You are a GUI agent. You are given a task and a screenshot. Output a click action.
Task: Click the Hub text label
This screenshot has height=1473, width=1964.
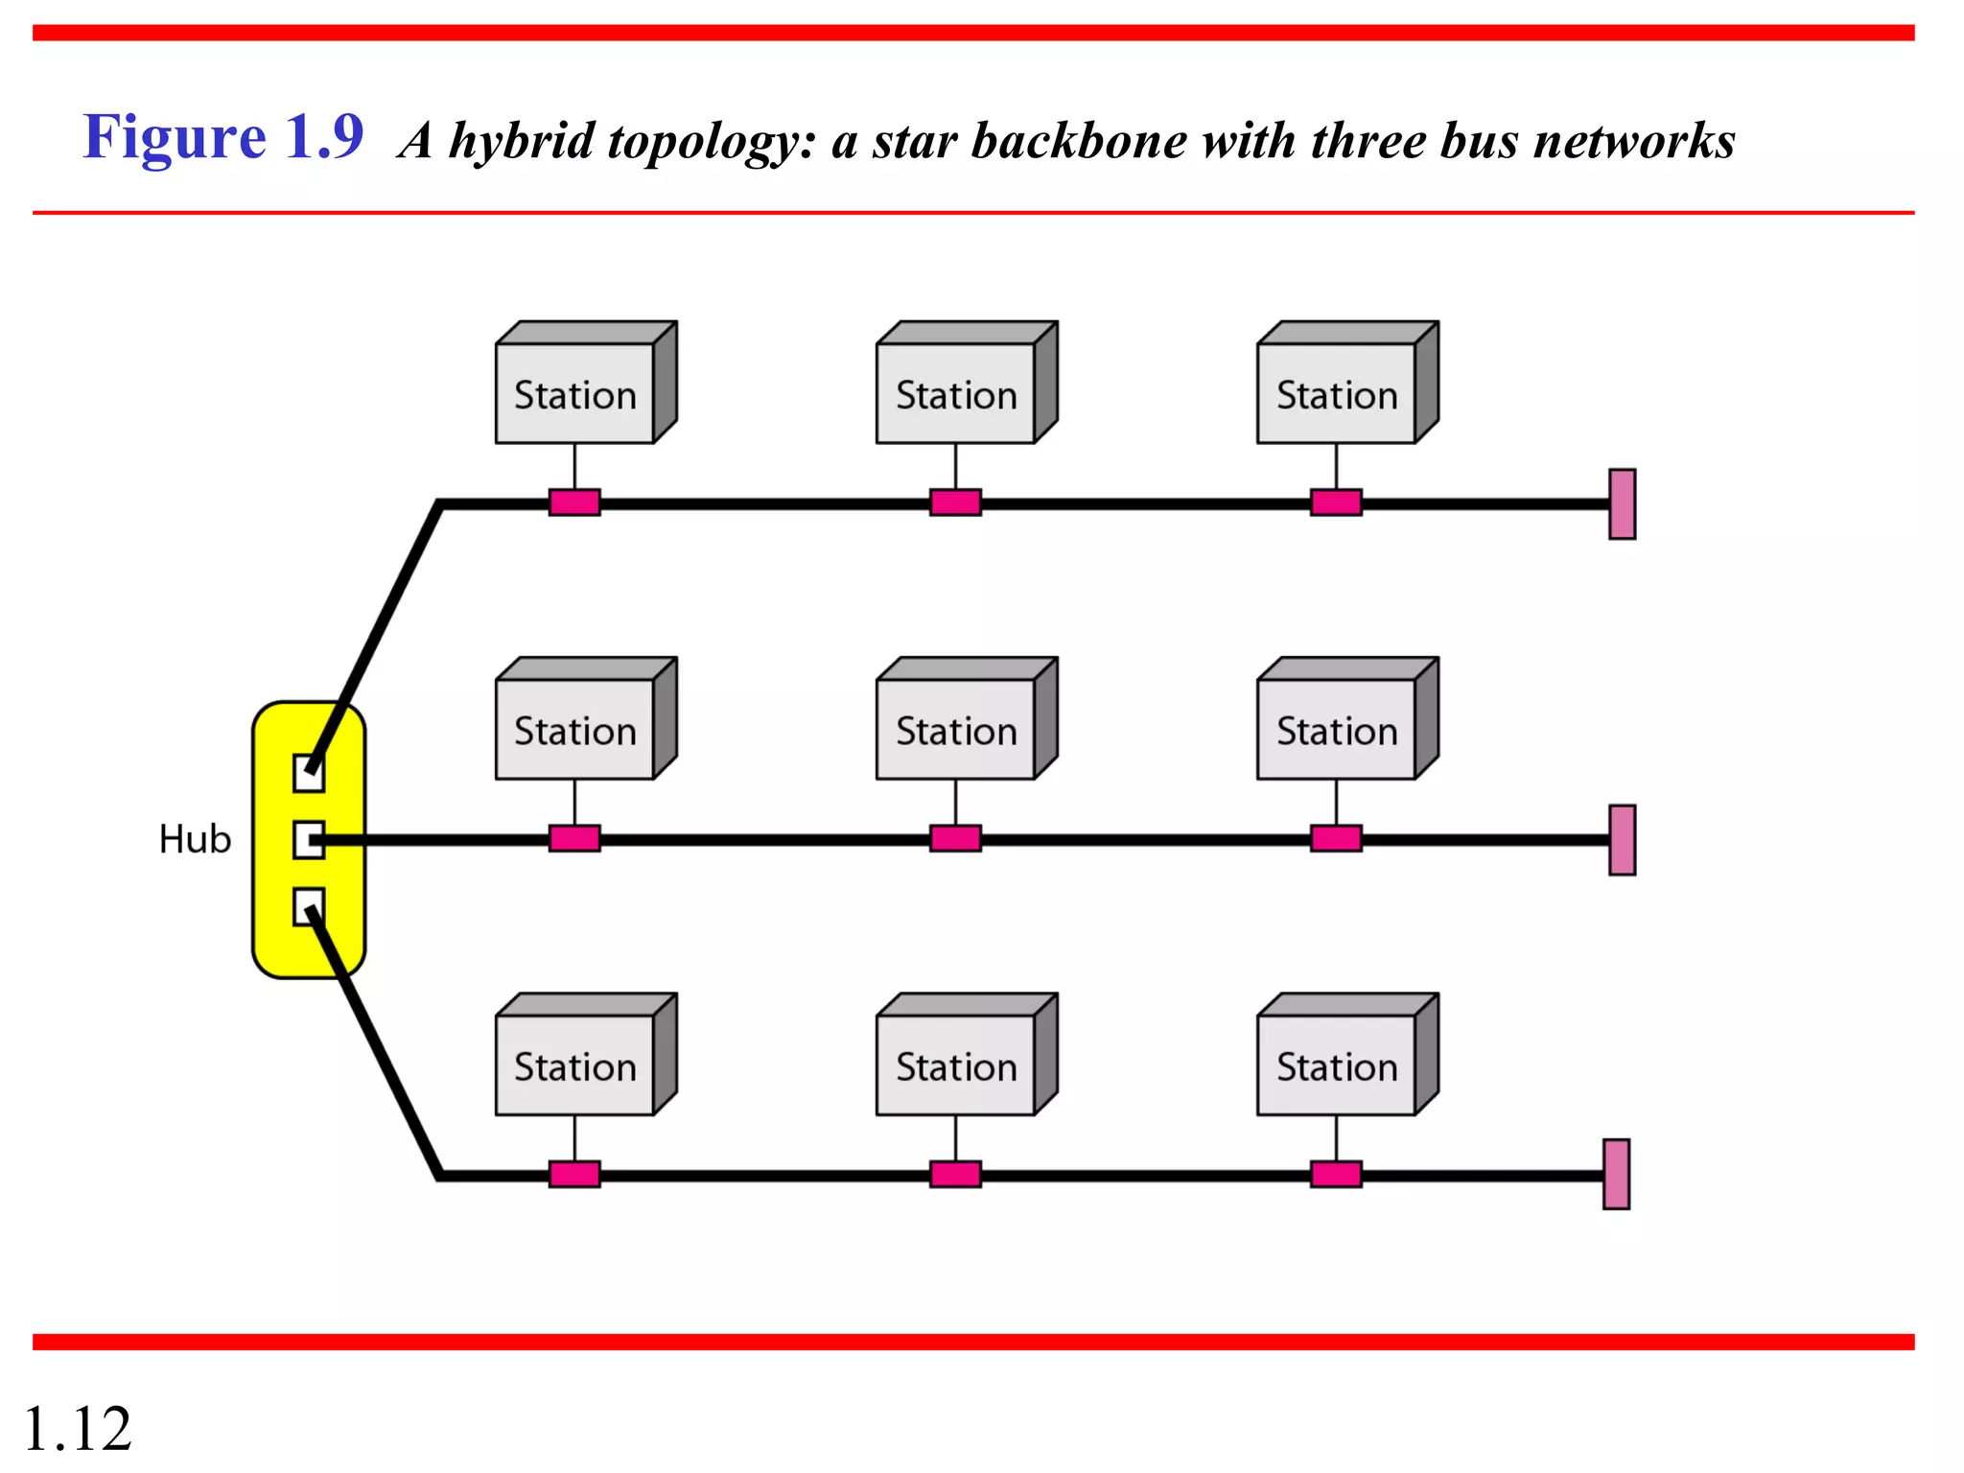tap(195, 839)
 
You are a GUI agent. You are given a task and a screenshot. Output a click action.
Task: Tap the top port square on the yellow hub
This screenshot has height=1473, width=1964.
tap(308, 773)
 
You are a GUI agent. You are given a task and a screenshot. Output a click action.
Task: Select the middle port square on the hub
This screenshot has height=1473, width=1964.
tap(308, 840)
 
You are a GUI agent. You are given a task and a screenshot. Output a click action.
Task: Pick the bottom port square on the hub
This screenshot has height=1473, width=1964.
tap(308, 907)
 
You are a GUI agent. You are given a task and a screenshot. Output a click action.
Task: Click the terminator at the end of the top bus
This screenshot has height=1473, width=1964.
tap(1622, 504)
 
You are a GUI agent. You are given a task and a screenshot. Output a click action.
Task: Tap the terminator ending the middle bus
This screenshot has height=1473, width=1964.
tap(1622, 840)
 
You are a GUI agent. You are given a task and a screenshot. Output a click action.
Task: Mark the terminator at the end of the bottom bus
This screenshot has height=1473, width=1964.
tap(1616, 1175)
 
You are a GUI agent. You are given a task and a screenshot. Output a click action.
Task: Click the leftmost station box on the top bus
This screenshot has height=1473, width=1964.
tap(575, 393)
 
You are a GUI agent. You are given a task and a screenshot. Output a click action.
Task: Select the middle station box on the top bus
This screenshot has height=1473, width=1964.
tap(956, 393)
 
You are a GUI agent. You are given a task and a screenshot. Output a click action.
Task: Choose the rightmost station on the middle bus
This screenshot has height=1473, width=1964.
tap(1337, 729)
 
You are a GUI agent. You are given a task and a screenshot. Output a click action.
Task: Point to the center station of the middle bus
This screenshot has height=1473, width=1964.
tap(956, 729)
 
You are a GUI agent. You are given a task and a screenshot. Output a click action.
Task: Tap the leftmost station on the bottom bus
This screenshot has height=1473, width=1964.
tap(575, 1065)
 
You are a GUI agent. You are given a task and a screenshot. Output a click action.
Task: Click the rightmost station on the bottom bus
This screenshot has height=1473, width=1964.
tap(1337, 1065)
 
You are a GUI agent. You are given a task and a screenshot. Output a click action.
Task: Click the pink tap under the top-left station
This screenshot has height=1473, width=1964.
tap(574, 503)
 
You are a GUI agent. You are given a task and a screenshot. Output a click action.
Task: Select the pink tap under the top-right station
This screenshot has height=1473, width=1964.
tap(1336, 503)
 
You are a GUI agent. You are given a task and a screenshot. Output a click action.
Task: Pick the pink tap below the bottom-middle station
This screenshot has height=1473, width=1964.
tap(955, 1175)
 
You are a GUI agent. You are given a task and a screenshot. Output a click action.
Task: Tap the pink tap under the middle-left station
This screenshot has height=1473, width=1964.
tap(574, 839)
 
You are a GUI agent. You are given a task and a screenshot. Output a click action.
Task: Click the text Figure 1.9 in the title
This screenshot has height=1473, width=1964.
tap(222, 137)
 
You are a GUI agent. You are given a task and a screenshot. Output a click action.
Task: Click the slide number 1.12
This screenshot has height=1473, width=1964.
tap(77, 1429)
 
